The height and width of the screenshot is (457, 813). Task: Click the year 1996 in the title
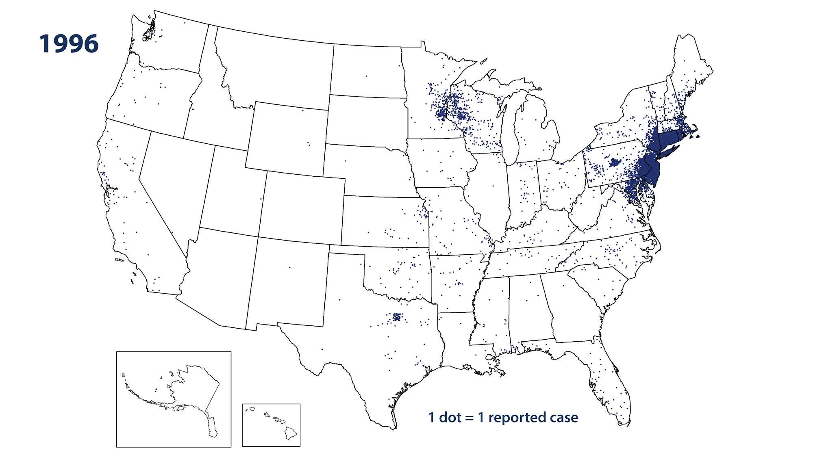coord(69,44)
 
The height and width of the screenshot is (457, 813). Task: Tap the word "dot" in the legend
coord(450,418)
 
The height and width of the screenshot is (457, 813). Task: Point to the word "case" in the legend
coord(564,418)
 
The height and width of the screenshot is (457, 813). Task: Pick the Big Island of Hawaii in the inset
coord(291,434)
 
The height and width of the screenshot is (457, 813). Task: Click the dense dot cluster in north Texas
coord(397,317)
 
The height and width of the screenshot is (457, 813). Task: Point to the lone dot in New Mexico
coord(290,267)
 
